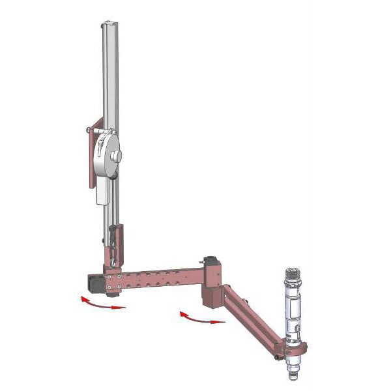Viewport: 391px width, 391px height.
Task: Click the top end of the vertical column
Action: pos(109,24)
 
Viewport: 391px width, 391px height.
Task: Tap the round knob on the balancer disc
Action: pos(116,156)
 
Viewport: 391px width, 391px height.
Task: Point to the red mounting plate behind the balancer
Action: pos(93,156)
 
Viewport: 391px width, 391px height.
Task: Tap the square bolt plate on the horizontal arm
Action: pos(112,282)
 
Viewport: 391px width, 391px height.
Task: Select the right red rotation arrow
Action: pos(202,318)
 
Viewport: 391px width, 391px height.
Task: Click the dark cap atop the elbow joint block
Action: pos(210,259)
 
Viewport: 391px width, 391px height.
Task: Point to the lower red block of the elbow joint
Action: pos(212,297)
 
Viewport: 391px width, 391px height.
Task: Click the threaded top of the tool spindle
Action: pos(292,275)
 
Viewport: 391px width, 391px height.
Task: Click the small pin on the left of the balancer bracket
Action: pos(87,129)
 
